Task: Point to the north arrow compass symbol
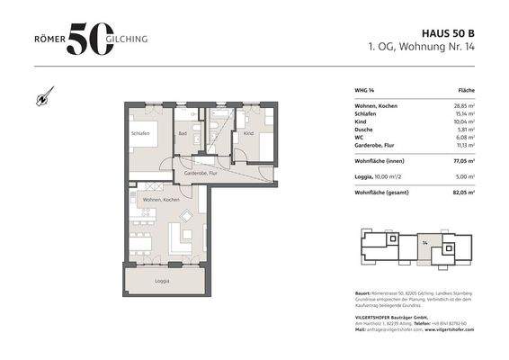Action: pos(43,95)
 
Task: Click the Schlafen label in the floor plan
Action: pos(139,135)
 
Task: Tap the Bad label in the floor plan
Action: pos(183,133)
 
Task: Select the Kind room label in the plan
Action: pos(248,133)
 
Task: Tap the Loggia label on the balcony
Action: pos(162,282)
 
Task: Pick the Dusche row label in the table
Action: pos(365,130)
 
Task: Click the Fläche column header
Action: pos(467,92)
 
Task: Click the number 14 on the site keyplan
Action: pos(424,242)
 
